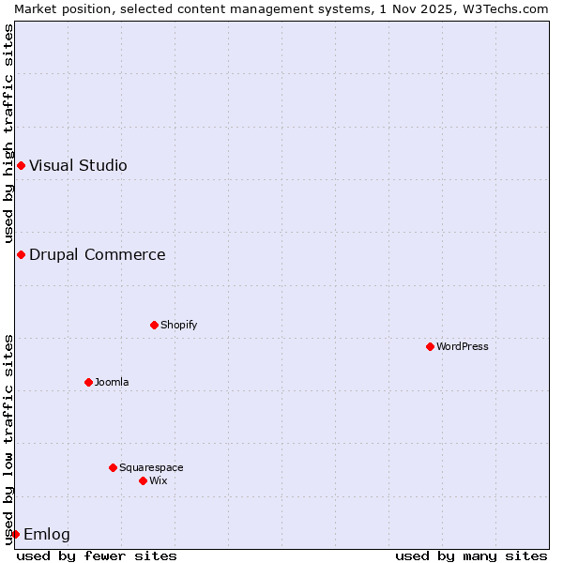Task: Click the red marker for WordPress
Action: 431,346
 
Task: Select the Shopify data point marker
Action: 155,325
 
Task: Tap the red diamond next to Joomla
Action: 89,382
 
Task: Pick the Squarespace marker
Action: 114,467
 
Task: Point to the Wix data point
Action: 144,480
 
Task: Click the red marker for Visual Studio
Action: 21,166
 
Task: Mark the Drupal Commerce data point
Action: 21,254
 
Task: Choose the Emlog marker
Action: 15,534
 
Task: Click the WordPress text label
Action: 463,346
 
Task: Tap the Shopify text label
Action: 179,325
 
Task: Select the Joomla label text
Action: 112,382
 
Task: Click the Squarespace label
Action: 151,467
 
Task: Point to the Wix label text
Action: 159,480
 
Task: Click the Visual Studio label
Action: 78,166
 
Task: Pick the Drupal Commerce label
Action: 98,254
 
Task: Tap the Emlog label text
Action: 47,535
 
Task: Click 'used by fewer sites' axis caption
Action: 97,555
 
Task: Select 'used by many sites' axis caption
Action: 471,555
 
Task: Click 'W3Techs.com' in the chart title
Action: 510,8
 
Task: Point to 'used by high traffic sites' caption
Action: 8,133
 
